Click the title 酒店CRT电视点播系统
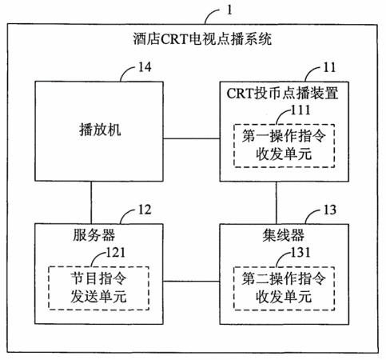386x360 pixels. pos(202,39)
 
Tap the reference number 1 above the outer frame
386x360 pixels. pos(229,10)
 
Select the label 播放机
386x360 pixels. pos(100,130)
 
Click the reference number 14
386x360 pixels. pos(145,67)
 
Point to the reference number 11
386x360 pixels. pos(329,67)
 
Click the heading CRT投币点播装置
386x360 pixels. pos(282,94)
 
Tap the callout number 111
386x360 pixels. pos(300,110)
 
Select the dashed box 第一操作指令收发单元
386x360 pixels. pos(284,146)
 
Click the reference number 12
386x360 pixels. pos(145,210)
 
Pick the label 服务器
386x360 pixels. pos(94,235)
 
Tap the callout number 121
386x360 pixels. pos(116,252)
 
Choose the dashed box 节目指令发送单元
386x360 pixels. pos(98,288)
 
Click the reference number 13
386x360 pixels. pos(330,210)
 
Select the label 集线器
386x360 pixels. pos(283,235)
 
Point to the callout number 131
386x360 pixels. pos(300,252)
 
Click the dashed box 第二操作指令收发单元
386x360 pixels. pos(284,288)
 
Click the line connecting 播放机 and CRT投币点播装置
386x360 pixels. pos(192,138)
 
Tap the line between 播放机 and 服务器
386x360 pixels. pos(91,202)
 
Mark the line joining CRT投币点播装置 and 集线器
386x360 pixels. pos(277,203)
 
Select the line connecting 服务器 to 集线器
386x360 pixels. pos(192,281)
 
